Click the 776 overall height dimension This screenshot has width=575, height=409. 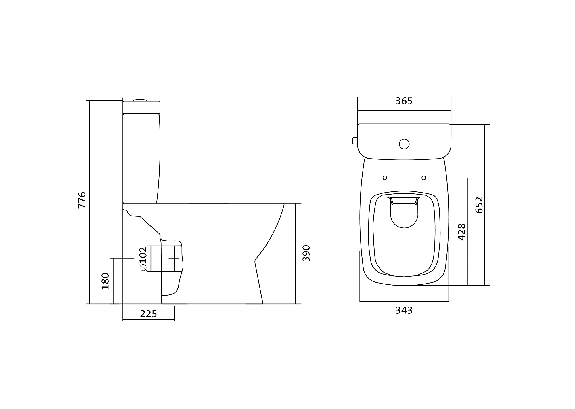pos(82,200)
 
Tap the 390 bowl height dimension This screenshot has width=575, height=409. pos(306,253)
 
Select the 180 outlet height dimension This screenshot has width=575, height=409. pos(106,281)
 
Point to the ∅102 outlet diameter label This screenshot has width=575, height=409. pos(143,259)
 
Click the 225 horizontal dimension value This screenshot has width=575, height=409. pos(148,314)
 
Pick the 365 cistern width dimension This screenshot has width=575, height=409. pos(404,101)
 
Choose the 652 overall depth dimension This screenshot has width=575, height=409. pos(479,205)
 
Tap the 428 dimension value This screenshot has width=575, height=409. pos(461,232)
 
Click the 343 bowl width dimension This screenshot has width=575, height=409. pos(404,310)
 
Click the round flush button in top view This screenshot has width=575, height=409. pos(404,144)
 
